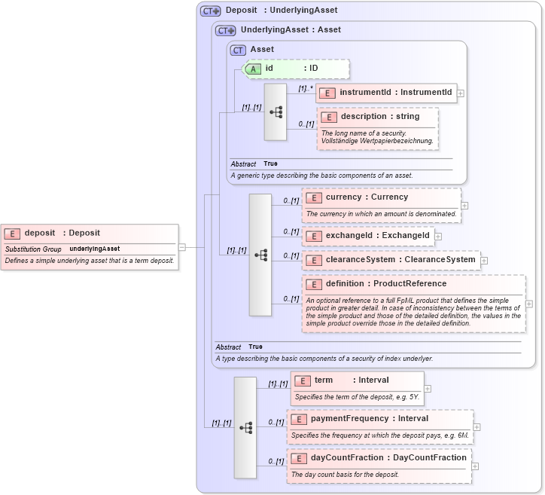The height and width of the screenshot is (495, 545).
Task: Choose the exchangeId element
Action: [367, 236]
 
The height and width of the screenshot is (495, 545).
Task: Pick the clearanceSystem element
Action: [391, 260]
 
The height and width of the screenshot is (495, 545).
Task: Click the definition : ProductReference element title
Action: [385, 284]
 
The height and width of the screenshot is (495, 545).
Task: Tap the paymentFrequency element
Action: [369, 419]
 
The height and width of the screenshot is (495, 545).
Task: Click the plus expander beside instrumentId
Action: [461, 93]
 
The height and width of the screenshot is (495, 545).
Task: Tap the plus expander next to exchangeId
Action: [438, 237]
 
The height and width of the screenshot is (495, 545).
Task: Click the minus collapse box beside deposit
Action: [182, 246]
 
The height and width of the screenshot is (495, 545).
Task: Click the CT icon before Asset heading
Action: [239, 50]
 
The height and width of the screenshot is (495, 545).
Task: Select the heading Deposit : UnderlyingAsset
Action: [282, 11]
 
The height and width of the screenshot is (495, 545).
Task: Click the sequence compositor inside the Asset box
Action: [276, 112]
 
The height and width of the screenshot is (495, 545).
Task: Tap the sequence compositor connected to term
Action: [245, 427]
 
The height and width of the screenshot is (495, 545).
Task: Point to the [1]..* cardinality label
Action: [305, 88]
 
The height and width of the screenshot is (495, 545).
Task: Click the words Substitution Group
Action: [33, 249]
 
